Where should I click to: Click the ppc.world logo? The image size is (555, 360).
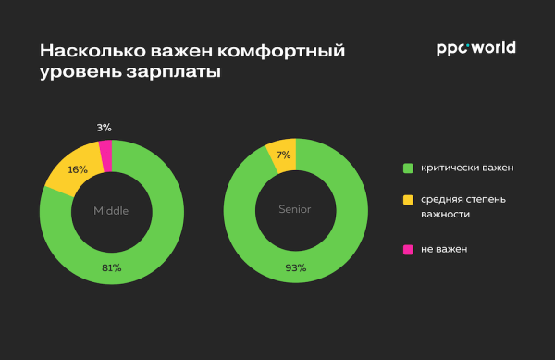pos(475,48)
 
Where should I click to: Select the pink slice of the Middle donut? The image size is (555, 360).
pos(105,155)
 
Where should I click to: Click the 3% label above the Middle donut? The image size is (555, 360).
pos(104,127)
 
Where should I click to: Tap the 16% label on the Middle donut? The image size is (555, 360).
pos(78,169)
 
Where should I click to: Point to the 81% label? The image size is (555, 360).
pos(111,267)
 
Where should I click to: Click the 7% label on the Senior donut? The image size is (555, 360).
pos(283,155)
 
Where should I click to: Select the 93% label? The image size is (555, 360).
pos(295,267)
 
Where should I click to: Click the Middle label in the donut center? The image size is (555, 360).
pos(111,210)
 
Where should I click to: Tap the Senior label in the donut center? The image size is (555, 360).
pos(295,209)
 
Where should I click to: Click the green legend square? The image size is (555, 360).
pos(407,168)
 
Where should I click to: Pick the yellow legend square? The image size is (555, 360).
pos(407,199)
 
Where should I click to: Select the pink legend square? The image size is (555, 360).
pos(407,249)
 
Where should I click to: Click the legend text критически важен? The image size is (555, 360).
pos(467,168)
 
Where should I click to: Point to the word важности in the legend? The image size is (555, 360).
pos(446,215)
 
